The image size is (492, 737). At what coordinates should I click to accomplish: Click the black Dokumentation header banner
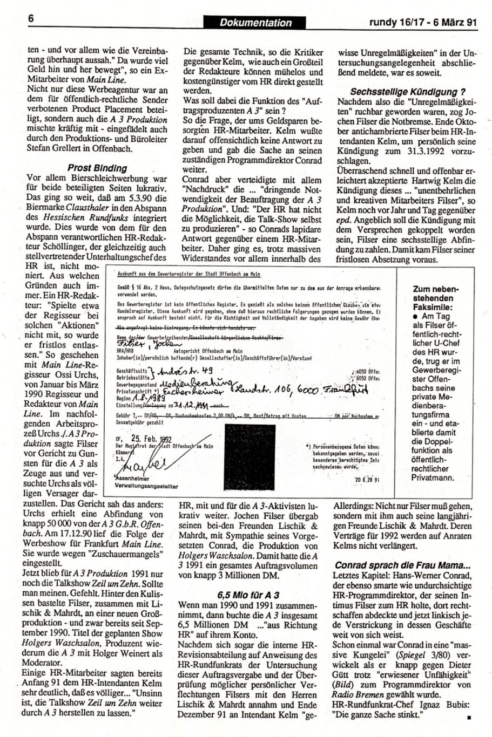click(x=255, y=22)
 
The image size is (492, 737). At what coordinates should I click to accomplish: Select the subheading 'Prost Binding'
click(x=97, y=168)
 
